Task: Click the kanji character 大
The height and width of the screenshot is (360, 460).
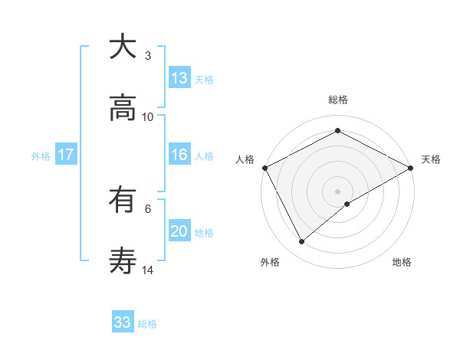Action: (123, 47)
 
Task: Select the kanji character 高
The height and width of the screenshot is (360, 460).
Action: (123, 109)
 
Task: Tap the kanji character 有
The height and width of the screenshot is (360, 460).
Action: (123, 201)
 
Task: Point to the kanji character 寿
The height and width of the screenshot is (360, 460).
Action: (123, 262)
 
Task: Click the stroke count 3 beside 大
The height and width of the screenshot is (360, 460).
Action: (148, 55)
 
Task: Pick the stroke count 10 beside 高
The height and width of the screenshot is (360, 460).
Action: (148, 116)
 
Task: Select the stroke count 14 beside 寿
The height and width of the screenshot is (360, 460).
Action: (148, 270)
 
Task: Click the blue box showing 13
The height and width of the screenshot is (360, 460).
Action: (179, 78)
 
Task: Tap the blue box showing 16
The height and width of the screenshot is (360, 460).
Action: (179, 155)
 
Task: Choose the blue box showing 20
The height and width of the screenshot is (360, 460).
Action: (179, 231)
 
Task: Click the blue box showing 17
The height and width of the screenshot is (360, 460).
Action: (66, 155)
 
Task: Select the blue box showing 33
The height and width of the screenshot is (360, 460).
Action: (123, 322)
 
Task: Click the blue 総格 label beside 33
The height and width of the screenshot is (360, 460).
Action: (147, 324)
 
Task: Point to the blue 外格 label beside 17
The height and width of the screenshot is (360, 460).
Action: (41, 155)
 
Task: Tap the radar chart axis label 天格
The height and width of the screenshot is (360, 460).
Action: (431, 159)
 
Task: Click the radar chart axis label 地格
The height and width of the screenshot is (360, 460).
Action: (402, 263)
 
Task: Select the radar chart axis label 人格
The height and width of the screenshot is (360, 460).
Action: (245, 159)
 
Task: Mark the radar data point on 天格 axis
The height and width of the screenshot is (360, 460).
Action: (411, 168)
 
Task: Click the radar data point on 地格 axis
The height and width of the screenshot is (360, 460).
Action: (348, 204)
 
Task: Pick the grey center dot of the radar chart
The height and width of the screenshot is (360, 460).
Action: (337, 191)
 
